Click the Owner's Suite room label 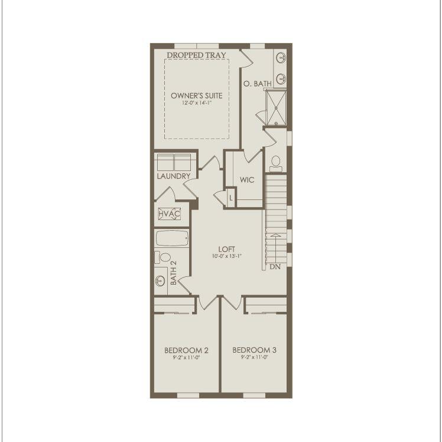(x=197, y=95)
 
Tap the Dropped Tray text (x=196, y=55)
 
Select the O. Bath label (x=258, y=84)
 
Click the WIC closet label (x=247, y=180)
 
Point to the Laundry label (x=174, y=176)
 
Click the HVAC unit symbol (x=169, y=214)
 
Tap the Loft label (x=227, y=249)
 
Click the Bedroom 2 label (x=186, y=350)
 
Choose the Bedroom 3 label (x=255, y=350)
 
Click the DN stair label (x=275, y=267)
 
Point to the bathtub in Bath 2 (x=171, y=239)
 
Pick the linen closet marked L (x=231, y=198)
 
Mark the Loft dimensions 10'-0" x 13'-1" (x=227, y=256)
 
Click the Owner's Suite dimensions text (x=197, y=103)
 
